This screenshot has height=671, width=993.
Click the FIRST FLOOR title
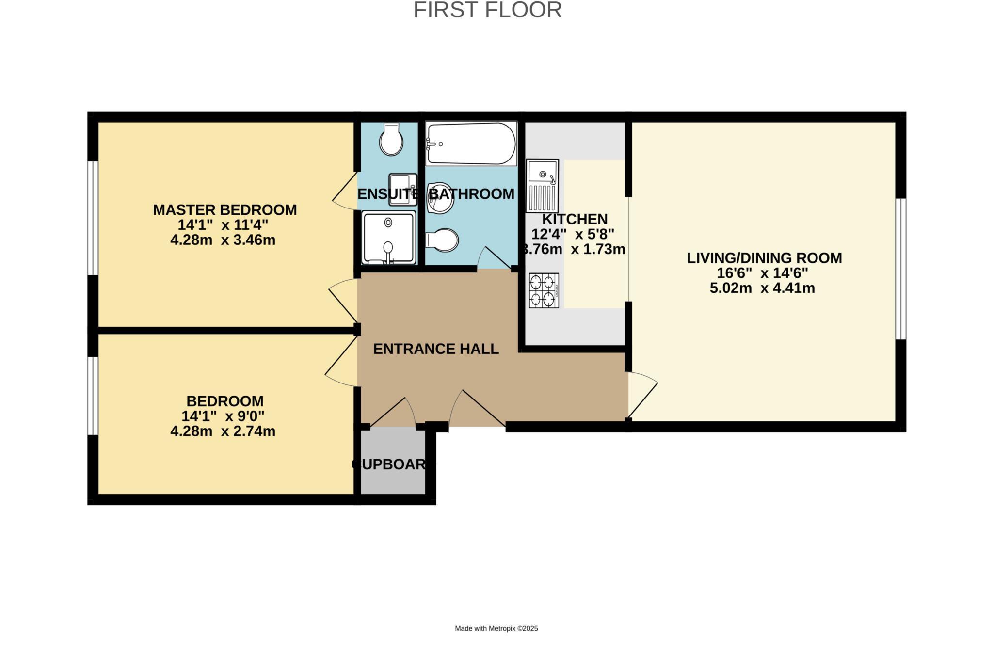pos(487,10)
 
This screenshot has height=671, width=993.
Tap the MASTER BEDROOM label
pos(225,210)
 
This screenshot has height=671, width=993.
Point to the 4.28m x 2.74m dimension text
pos(223,431)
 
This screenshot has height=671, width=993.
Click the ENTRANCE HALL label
pos(436,349)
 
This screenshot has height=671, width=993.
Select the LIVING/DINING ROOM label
pos(764,258)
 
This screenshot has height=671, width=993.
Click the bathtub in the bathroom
pos(471,144)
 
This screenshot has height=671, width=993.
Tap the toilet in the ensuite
pos(391,139)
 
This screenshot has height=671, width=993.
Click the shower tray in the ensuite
pos(388,238)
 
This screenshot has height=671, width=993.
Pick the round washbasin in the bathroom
pos(440,198)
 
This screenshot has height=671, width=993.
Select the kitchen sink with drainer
pos(543,186)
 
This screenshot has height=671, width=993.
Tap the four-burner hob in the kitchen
pos(544,290)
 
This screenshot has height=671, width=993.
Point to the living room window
pos(900,269)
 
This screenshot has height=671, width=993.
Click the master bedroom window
pos(93,218)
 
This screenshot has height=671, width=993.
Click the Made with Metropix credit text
pos(496,628)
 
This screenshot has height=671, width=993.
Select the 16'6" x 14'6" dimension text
pos(763,273)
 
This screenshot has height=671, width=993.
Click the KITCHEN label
pos(575,219)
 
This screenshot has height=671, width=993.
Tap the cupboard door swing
pos(393,413)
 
